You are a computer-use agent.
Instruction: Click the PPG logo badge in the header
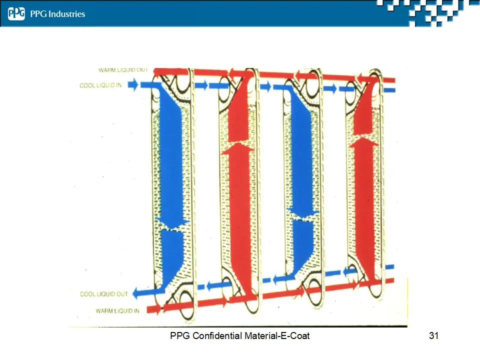tap(16, 14)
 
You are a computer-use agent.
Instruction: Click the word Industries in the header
tap(66, 14)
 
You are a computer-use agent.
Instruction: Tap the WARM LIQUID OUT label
tap(123, 70)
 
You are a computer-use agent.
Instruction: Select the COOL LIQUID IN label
tap(100, 85)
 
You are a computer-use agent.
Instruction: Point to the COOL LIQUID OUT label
tap(104, 294)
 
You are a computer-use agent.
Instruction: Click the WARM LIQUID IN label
tap(117, 311)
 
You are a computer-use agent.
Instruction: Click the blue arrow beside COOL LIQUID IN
tap(132, 85)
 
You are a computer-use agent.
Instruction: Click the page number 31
tap(433, 335)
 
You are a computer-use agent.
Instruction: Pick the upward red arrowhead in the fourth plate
tap(364, 142)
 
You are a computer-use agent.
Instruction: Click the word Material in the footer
tap(258, 335)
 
